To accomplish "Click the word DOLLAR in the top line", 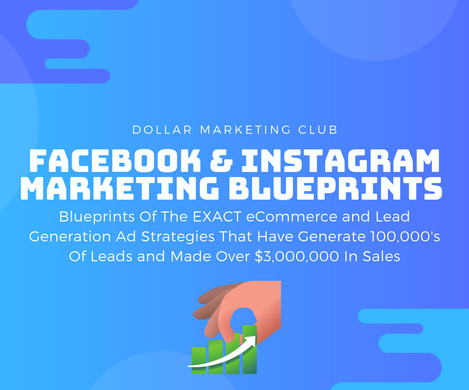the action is tap(162, 130).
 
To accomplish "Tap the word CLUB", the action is tap(318, 130).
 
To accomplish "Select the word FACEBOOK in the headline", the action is tap(115, 160).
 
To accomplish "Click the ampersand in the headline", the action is tap(221, 160).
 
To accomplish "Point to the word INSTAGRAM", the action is tap(340, 160).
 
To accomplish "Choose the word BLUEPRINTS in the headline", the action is tap(335, 188).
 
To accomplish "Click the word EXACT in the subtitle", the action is tap(217, 216).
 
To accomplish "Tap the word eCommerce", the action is tap(292, 216).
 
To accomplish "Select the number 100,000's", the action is tap(405, 236).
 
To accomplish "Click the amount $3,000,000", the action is tap(297, 256).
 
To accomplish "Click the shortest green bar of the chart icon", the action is tap(199, 360).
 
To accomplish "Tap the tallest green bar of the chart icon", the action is tap(250, 349).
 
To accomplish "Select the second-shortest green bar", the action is tap(216, 356).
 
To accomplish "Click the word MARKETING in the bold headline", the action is tap(120, 188).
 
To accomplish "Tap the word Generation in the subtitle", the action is tap(70, 236).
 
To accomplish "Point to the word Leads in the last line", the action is tap(111, 256).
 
